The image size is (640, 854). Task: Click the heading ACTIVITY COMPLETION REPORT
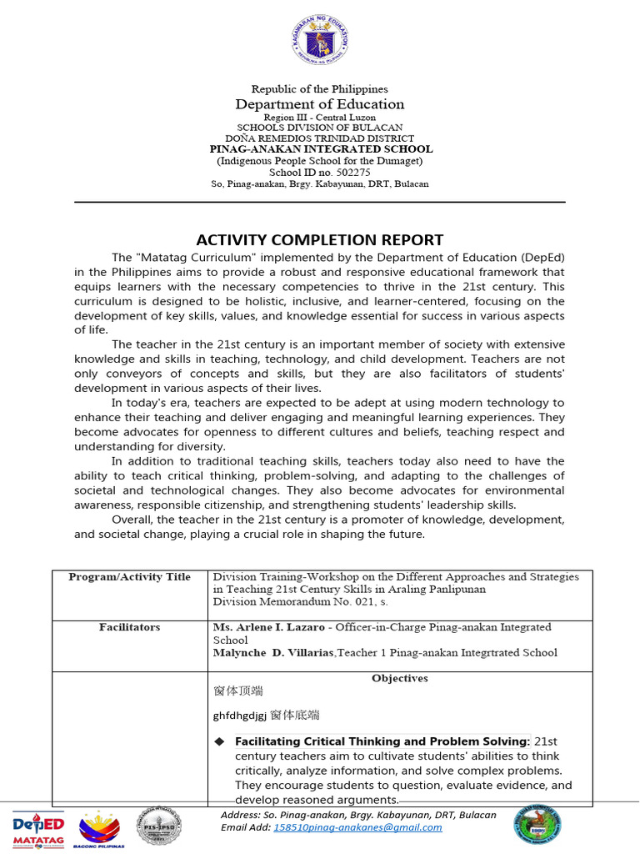click(x=319, y=239)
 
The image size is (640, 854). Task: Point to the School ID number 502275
click(x=320, y=173)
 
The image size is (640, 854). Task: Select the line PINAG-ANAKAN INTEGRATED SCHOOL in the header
click(x=320, y=149)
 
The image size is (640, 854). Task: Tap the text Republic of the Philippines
click(x=320, y=89)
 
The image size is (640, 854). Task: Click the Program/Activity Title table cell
click(x=129, y=577)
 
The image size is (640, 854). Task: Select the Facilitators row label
click(x=129, y=627)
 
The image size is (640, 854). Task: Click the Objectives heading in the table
click(x=400, y=678)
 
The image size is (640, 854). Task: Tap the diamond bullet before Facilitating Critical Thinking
click(x=220, y=741)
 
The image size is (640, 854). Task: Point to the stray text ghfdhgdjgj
click(x=240, y=716)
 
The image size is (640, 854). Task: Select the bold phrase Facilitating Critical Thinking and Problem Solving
click(x=382, y=741)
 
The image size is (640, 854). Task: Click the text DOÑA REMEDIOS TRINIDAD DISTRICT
click(x=320, y=138)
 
